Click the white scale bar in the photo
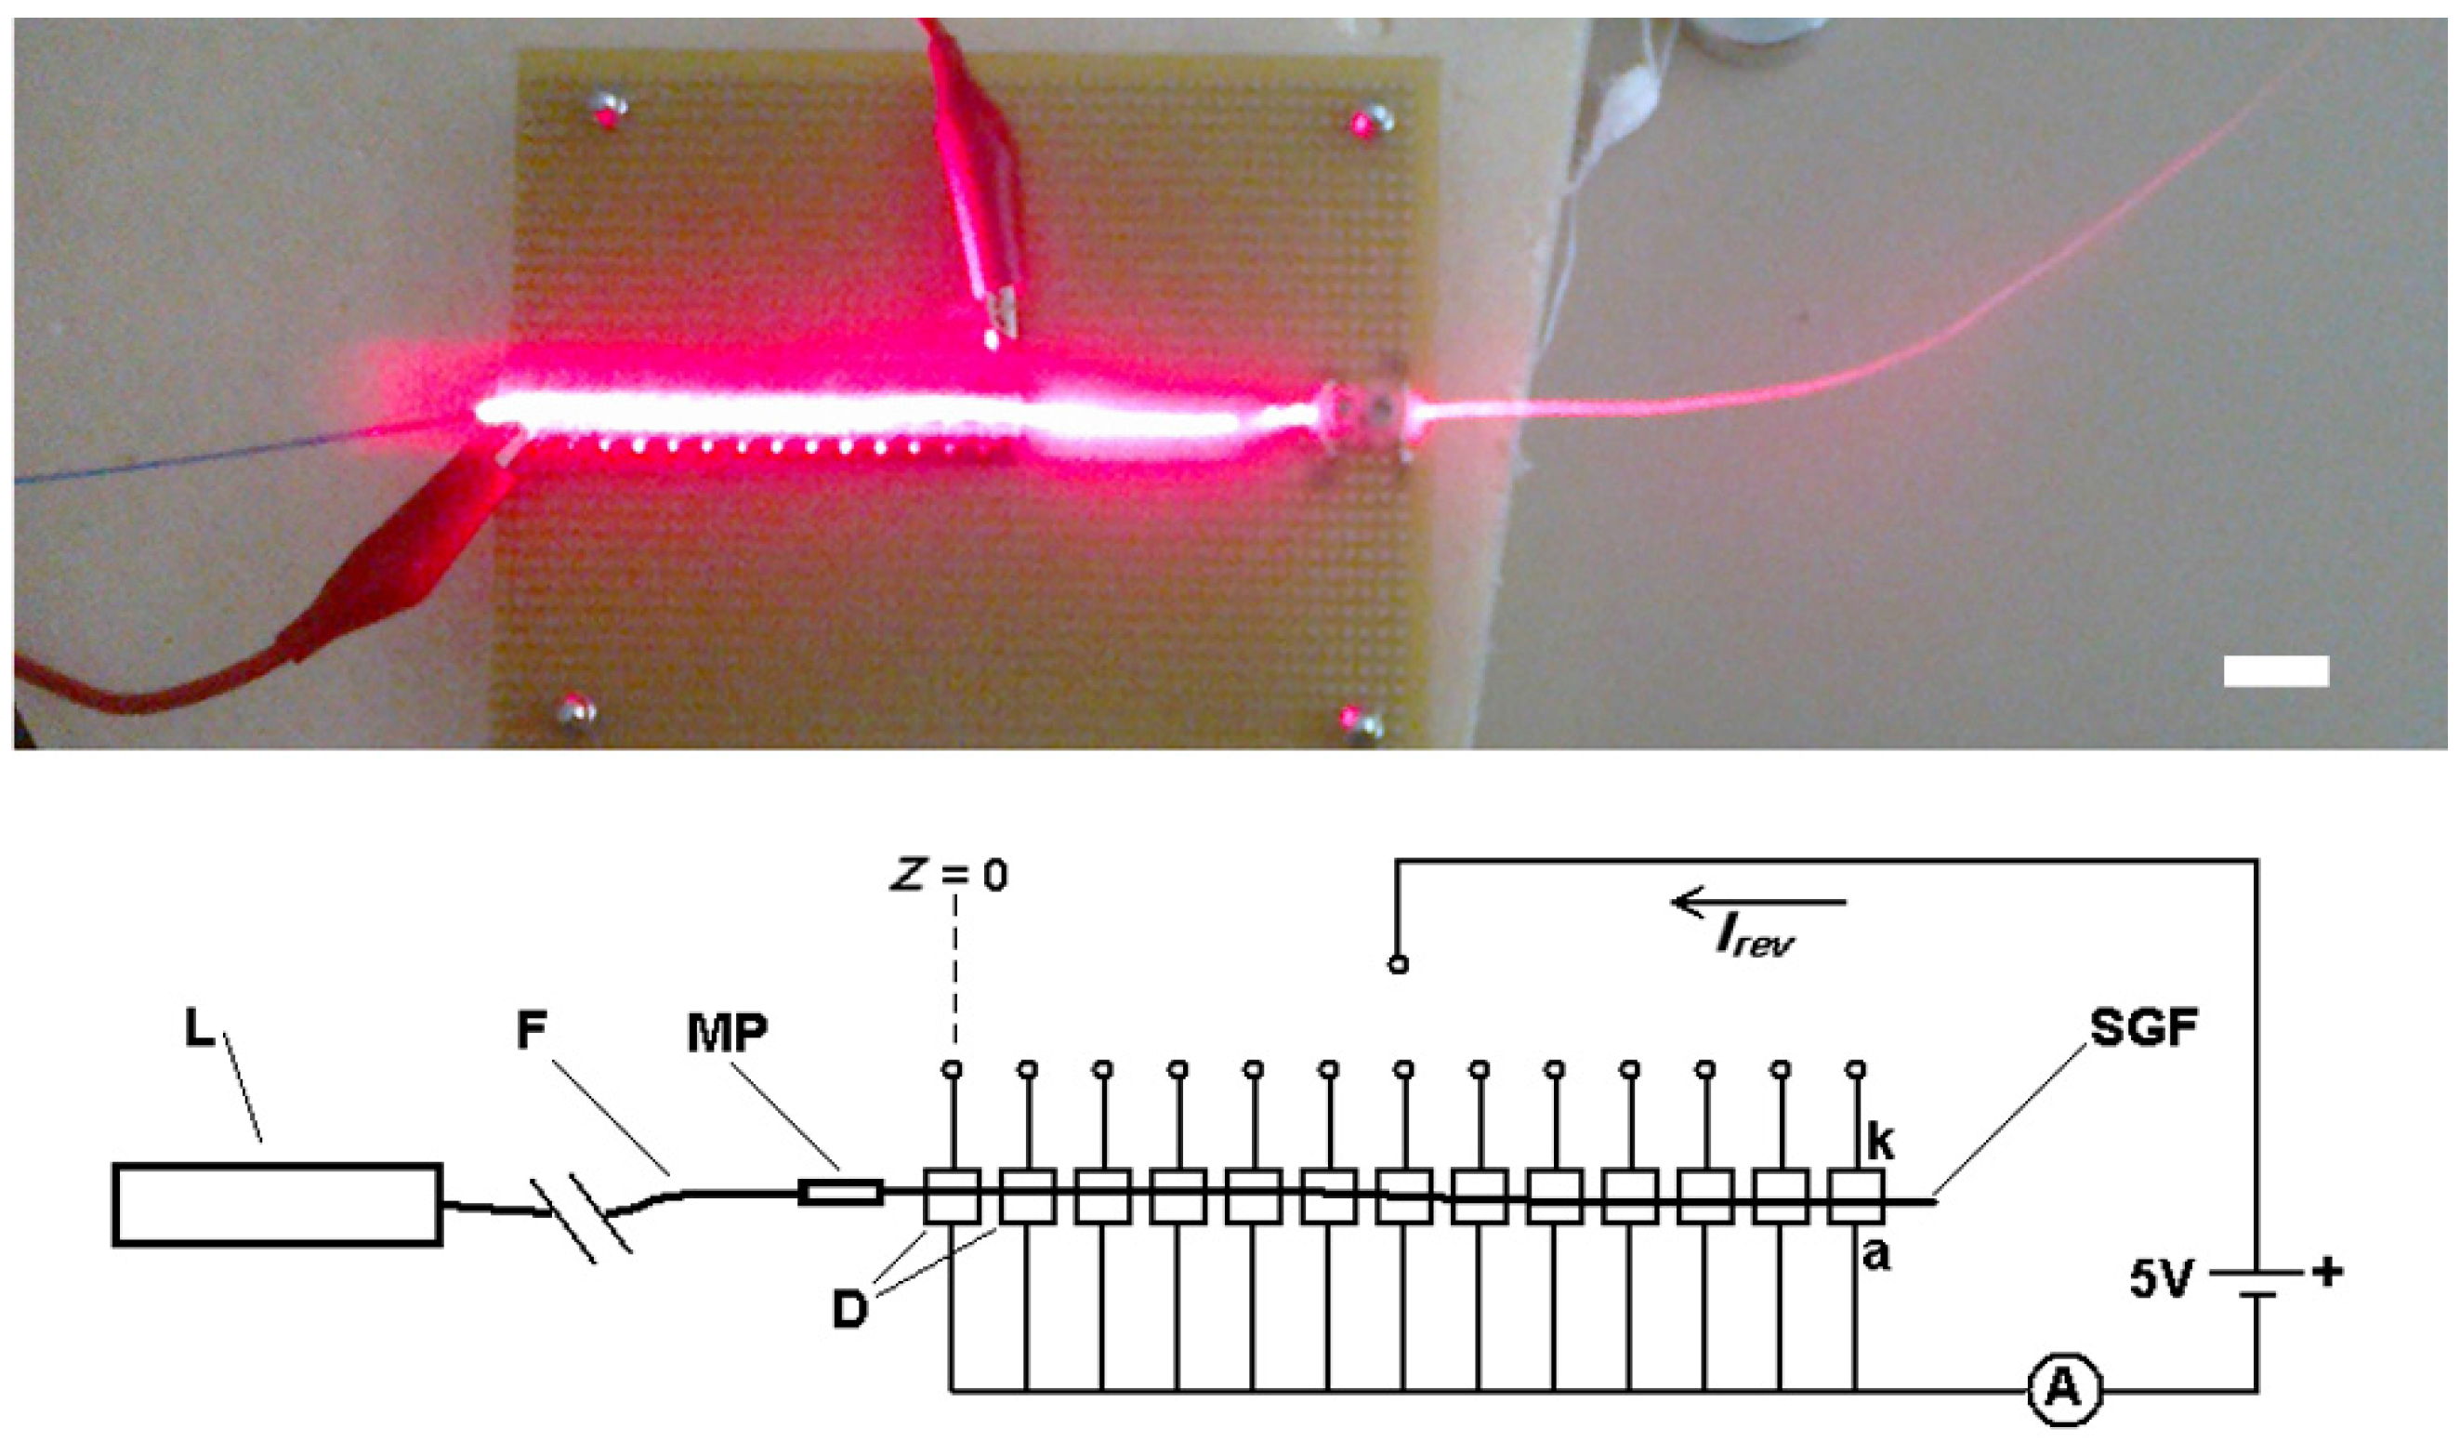coord(2275,670)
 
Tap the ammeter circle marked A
coord(2062,1390)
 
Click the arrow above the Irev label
coord(1757,901)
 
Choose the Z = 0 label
coord(949,876)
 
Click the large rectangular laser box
coord(277,1204)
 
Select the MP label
coord(728,1032)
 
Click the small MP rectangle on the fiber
coord(840,1192)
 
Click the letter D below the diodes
coord(849,1311)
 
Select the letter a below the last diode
coord(1875,1255)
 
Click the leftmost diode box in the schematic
coord(951,1196)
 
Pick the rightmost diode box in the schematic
coord(1856,1196)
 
